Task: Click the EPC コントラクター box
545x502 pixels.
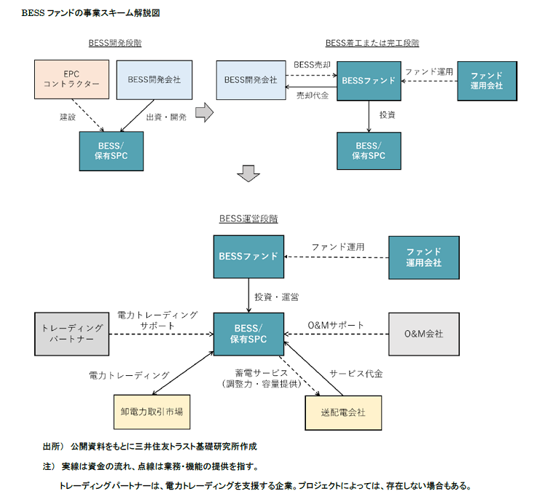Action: click(71, 80)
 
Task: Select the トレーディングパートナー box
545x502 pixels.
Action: click(71, 334)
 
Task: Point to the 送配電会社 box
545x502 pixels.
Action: click(342, 412)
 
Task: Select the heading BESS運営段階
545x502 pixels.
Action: click(248, 218)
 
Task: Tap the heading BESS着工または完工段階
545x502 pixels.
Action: click(372, 43)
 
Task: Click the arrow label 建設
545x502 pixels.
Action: click(68, 117)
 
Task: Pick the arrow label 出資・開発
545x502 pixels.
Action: click(166, 117)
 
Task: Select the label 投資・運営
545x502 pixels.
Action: click(275, 297)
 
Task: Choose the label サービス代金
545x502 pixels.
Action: click(356, 374)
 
